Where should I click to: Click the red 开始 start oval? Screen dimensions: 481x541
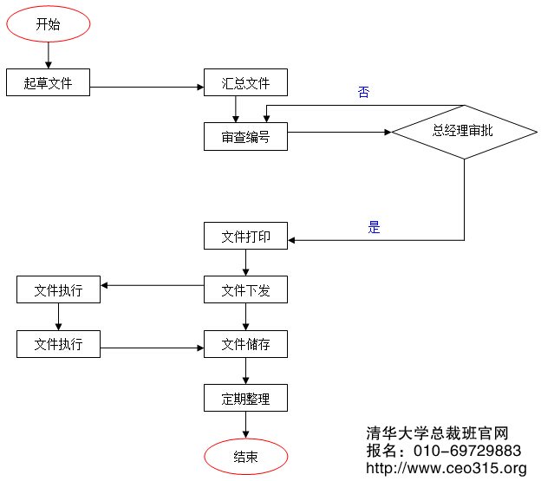48,24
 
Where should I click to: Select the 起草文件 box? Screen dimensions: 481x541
48,83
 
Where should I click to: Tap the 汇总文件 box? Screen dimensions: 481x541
245,83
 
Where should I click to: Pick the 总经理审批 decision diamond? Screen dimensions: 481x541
463,132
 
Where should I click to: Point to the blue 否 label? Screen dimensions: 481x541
363,92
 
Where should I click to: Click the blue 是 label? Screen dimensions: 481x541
375,228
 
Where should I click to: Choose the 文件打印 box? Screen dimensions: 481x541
245,237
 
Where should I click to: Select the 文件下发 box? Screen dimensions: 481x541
245,290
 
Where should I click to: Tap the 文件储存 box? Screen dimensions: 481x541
245,344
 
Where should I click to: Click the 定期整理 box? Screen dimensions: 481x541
245,399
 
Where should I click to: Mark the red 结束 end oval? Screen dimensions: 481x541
245,457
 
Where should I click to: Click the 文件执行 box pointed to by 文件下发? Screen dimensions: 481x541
58,290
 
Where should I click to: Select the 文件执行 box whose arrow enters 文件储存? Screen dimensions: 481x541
58,344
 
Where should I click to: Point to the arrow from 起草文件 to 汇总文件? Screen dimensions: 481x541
147,87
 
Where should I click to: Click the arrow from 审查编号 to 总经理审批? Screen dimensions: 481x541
338,133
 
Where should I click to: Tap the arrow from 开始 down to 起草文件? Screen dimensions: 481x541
48,55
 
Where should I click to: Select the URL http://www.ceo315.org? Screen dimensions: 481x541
446,469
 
